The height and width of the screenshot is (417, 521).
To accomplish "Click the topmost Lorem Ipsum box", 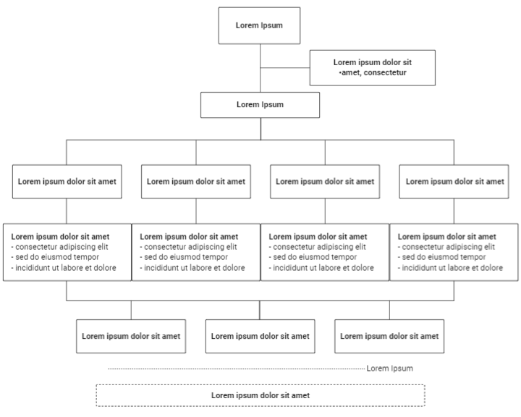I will (x=259, y=25).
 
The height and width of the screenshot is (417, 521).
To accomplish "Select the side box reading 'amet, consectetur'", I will (x=373, y=68).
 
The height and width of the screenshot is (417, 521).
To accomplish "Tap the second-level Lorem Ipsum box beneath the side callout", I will (x=260, y=105).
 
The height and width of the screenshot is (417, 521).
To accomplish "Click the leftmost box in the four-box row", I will (x=67, y=182).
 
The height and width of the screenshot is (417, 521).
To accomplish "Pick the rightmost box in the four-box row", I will (x=454, y=182).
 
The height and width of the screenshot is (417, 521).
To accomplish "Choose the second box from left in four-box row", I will (x=196, y=182).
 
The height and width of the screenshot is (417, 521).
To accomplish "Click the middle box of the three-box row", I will (x=260, y=336).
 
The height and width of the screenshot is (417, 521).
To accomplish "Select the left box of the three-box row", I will (x=131, y=336).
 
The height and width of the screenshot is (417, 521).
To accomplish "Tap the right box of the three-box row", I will (x=389, y=336).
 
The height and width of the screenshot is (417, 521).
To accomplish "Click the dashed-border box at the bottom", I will (x=260, y=395).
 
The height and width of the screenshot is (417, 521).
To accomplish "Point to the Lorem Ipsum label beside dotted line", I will (x=389, y=368).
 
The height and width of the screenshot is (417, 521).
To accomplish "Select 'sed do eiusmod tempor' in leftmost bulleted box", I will (x=57, y=257).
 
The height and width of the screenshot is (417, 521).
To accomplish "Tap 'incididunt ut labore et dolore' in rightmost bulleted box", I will (x=452, y=268).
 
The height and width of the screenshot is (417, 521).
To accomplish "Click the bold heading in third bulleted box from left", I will (x=318, y=236).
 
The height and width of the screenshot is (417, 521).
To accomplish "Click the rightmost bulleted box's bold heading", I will (x=446, y=236).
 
